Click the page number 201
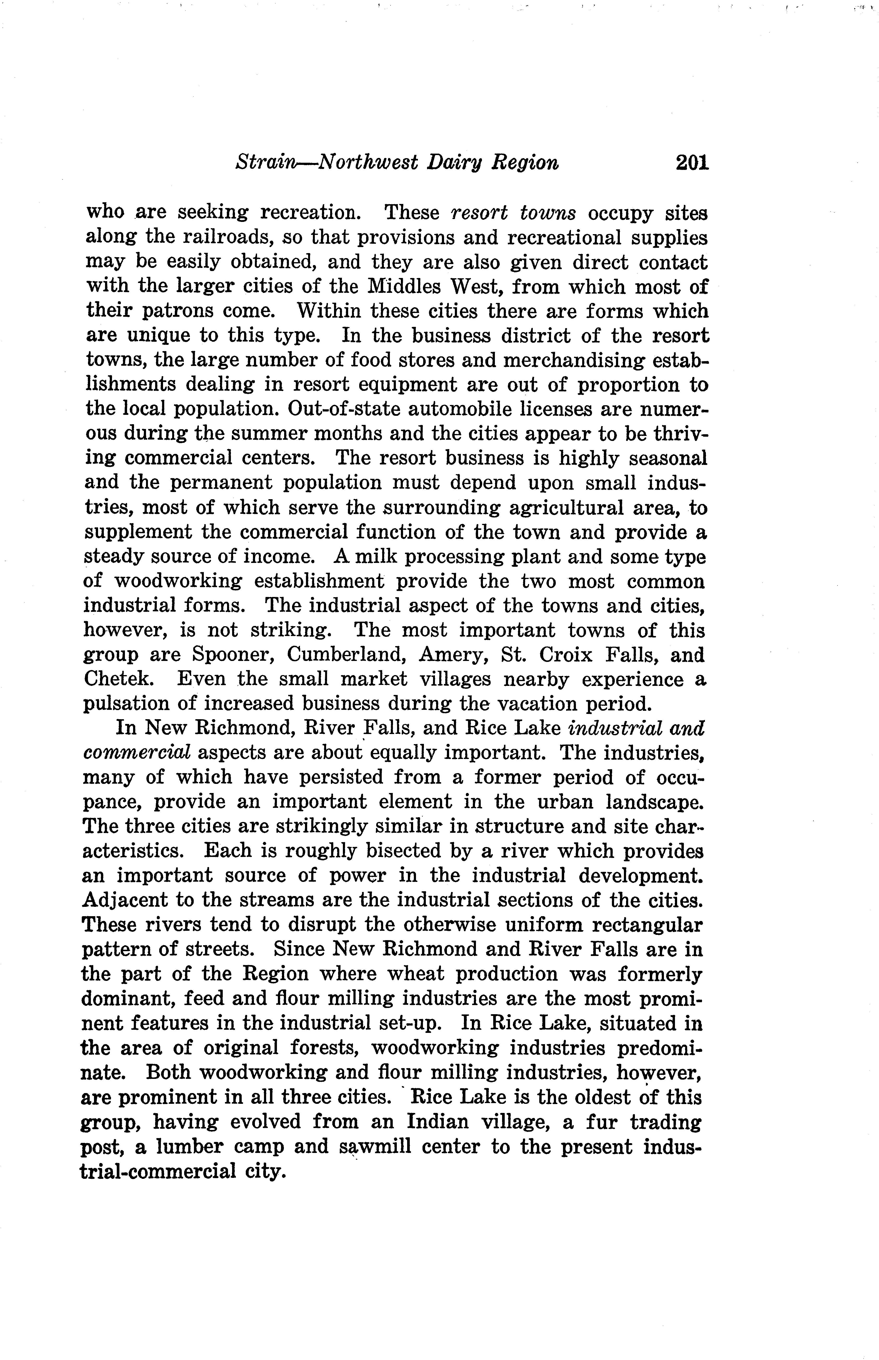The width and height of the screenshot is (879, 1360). pyautogui.click(x=692, y=163)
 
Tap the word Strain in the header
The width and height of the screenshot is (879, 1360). pyautogui.click(x=264, y=163)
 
